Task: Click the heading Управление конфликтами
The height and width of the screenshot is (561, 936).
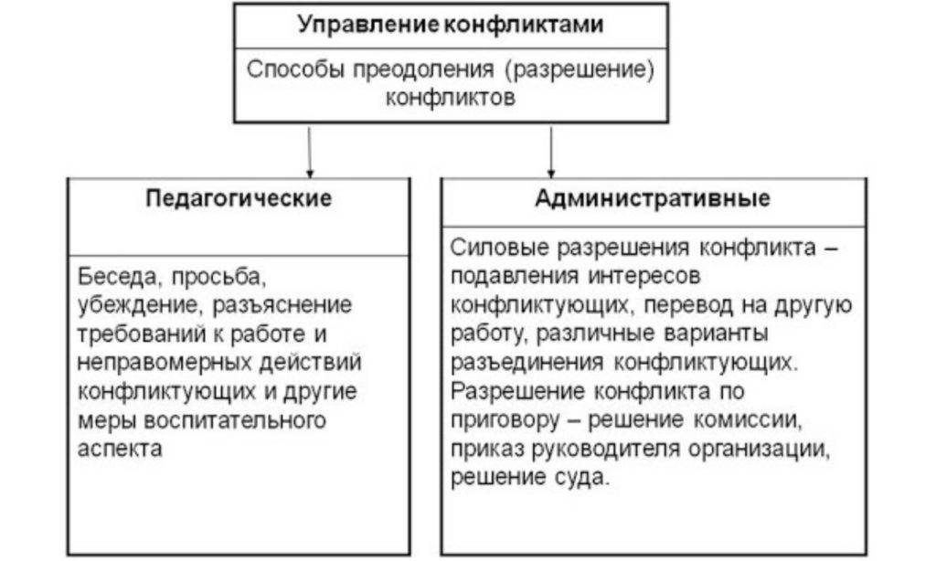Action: (x=450, y=25)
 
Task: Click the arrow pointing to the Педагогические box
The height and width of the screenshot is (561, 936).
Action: (x=310, y=151)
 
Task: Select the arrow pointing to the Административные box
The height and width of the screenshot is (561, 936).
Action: (x=551, y=151)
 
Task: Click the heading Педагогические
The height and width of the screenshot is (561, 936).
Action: (x=239, y=198)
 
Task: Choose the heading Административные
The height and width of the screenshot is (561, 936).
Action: (x=653, y=198)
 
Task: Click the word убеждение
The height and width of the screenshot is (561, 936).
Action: (x=134, y=303)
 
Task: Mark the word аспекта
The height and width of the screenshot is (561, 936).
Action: (x=119, y=450)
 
